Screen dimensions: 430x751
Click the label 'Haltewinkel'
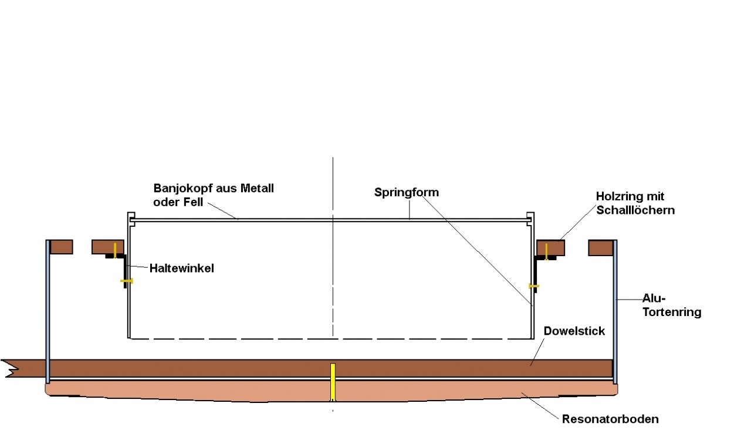[181, 268]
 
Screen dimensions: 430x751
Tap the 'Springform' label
[407, 192]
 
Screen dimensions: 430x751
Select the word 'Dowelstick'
[574, 331]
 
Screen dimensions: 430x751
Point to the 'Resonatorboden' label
[610, 419]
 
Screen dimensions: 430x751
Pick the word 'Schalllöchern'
[635, 210]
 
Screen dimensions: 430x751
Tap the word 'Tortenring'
[672, 312]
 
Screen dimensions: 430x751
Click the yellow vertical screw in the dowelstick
[333, 382]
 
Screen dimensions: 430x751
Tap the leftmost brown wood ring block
[61, 247]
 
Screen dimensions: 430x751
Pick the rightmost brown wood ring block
[600, 247]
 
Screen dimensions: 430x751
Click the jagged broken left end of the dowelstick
[11, 368]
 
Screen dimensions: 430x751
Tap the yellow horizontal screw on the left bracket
[127, 281]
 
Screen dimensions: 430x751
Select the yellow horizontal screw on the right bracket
[533, 286]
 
